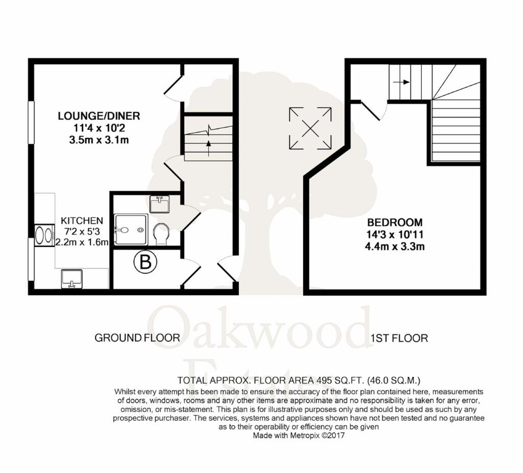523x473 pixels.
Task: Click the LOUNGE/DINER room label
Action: (x=99, y=116)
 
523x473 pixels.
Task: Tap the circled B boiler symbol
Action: (x=145, y=264)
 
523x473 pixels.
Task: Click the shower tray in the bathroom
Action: (x=131, y=230)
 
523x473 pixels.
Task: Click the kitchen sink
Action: (x=72, y=279)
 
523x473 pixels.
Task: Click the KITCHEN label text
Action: (x=82, y=220)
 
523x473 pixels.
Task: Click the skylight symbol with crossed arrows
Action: (x=310, y=128)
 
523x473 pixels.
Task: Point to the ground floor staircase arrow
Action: (x=208, y=144)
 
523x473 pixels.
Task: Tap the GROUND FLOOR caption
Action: (x=137, y=338)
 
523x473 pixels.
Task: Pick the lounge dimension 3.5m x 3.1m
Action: (x=99, y=140)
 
